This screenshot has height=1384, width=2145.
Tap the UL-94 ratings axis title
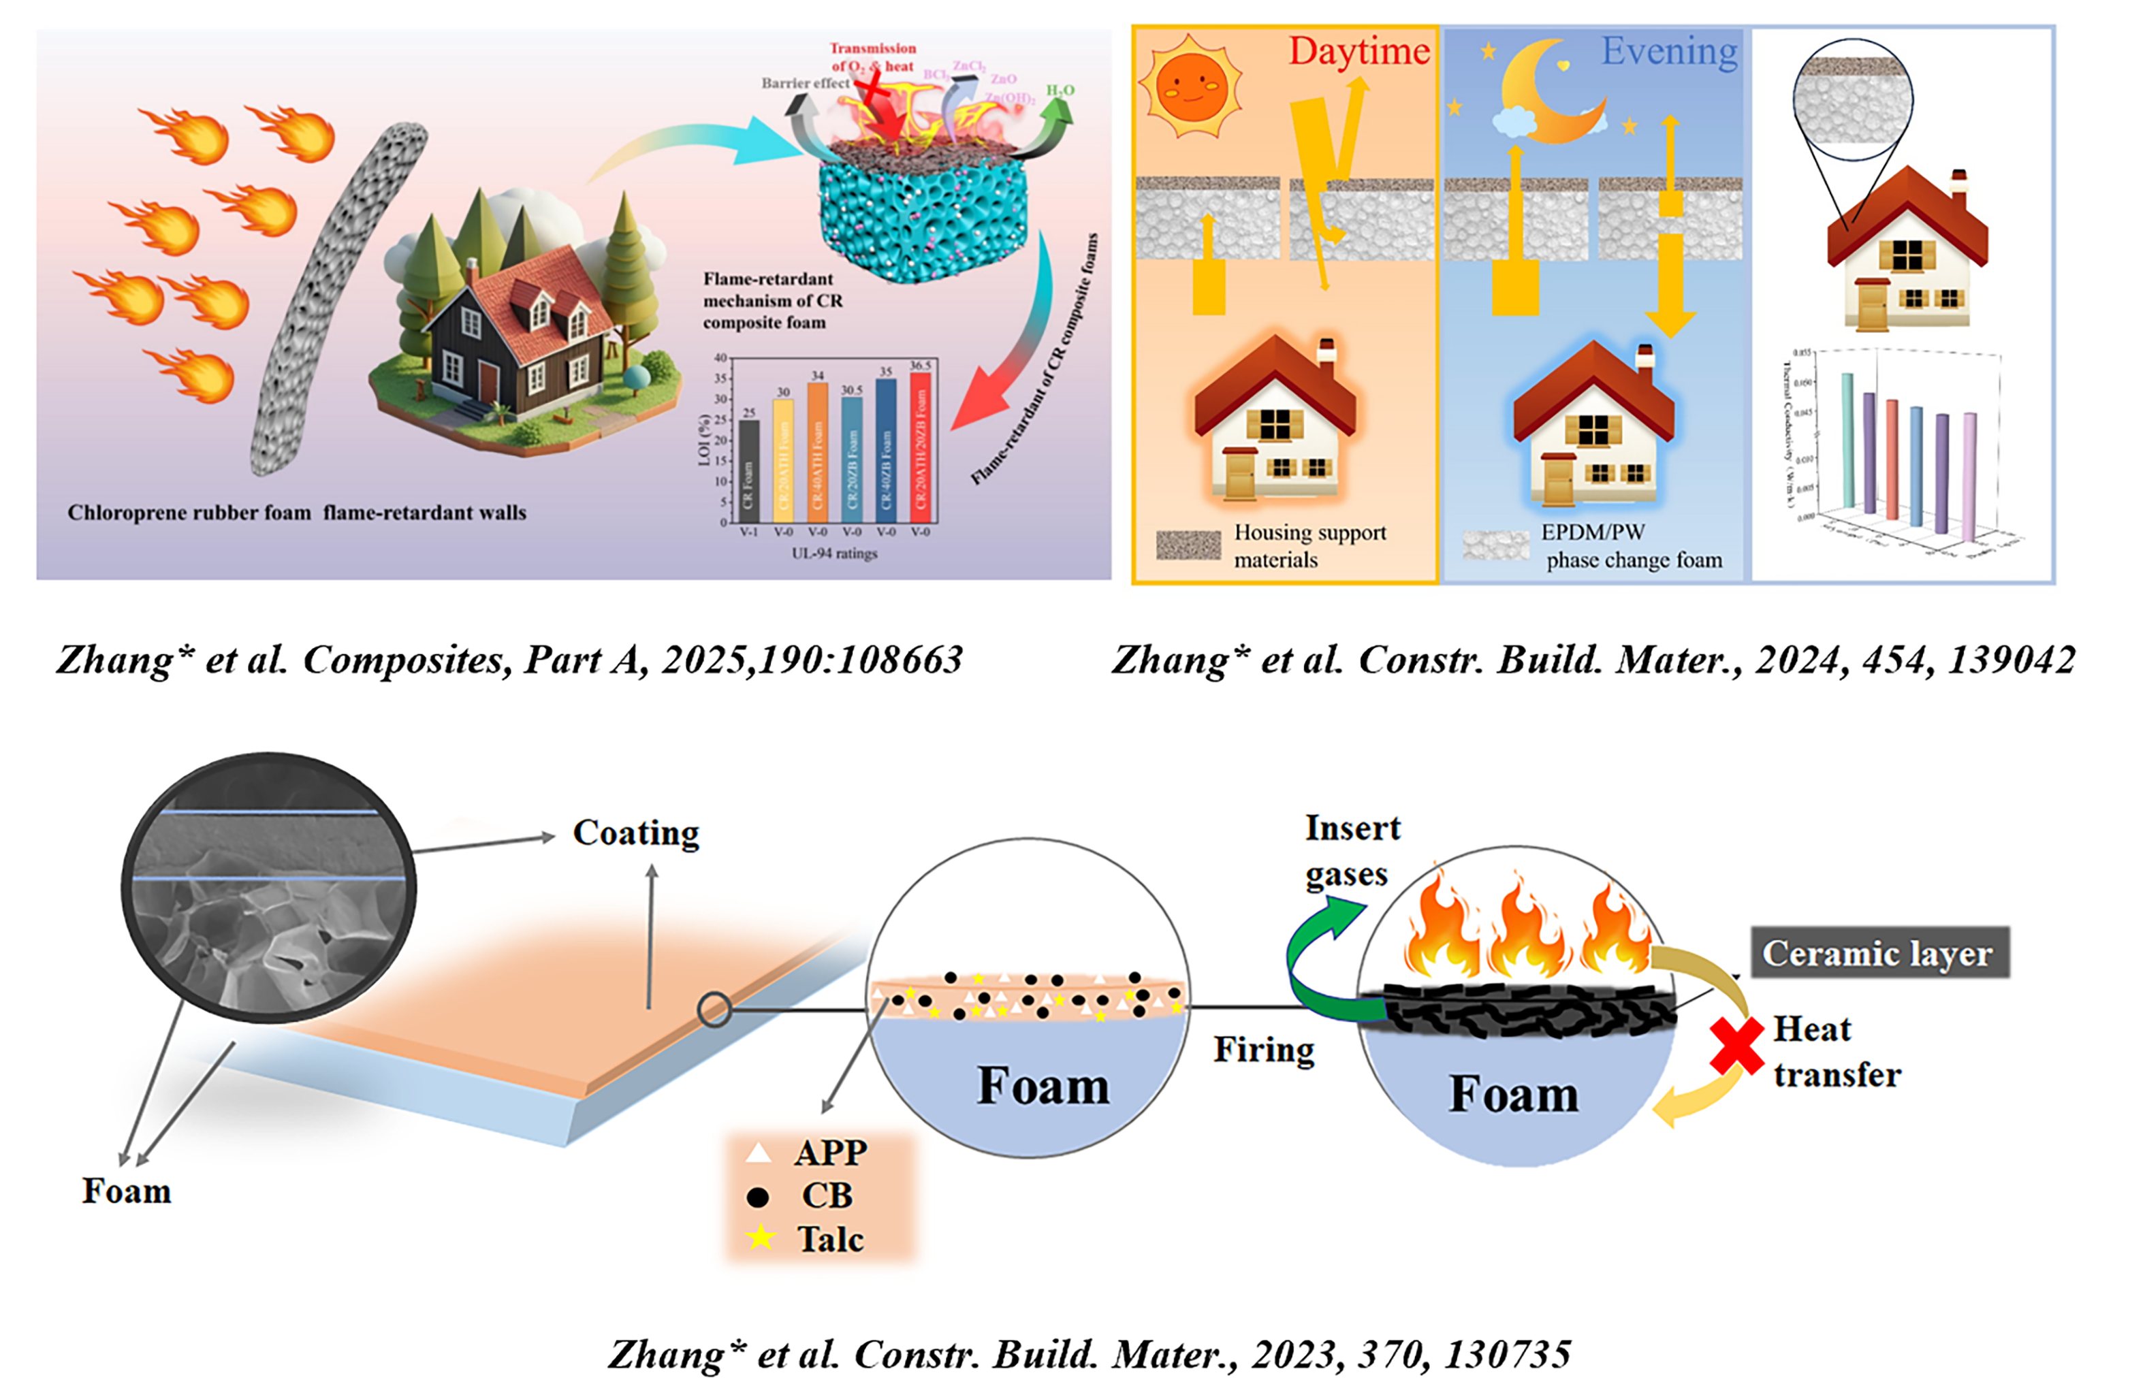833,553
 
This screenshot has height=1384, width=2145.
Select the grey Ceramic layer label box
1879,952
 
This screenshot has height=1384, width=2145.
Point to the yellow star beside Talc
761,1238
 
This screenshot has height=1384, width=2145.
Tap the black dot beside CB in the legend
758,1197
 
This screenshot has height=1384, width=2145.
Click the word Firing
1263,1050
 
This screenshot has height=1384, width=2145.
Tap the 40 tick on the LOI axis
720,357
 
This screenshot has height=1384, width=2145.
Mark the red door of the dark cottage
488,381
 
